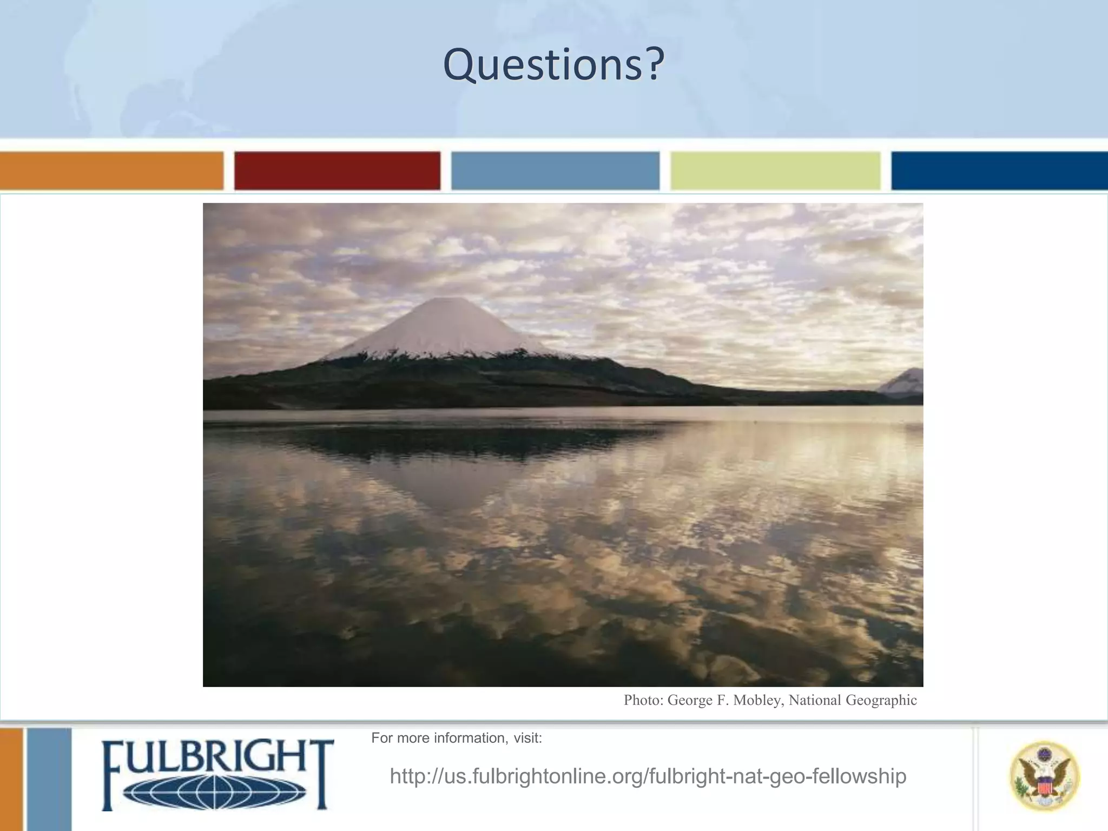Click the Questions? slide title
point(553,65)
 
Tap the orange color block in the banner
point(111,170)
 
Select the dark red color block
point(337,170)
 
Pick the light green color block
point(775,170)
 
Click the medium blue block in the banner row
point(555,170)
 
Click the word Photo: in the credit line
point(643,701)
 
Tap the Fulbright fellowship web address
point(648,776)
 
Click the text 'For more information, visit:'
point(456,738)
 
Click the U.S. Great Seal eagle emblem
point(1044,776)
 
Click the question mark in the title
point(654,65)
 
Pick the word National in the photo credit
point(815,701)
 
